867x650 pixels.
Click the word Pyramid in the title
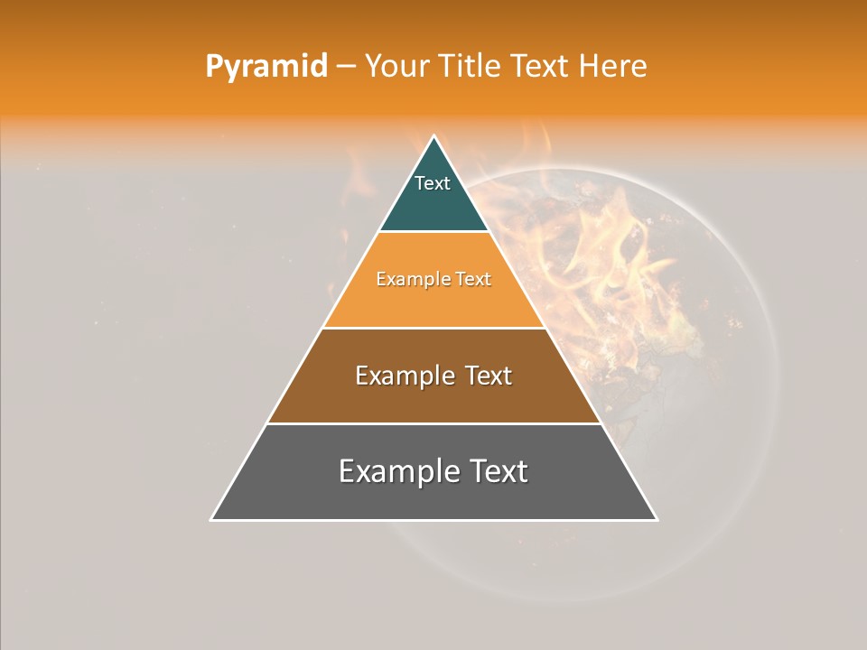tap(266, 66)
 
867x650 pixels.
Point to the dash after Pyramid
tap(346, 67)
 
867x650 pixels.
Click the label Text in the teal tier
tap(433, 183)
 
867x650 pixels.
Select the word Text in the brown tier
tap(483, 376)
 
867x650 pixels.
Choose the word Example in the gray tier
tap(394, 471)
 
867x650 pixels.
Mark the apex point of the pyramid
tap(434, 137)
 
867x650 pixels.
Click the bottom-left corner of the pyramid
tap(212, 519)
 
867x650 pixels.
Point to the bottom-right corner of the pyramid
tap(656, 519)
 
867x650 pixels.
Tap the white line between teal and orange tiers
tap(434, 232)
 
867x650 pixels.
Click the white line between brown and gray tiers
tap(434, 423)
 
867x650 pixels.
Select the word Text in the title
tap(542, 66)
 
